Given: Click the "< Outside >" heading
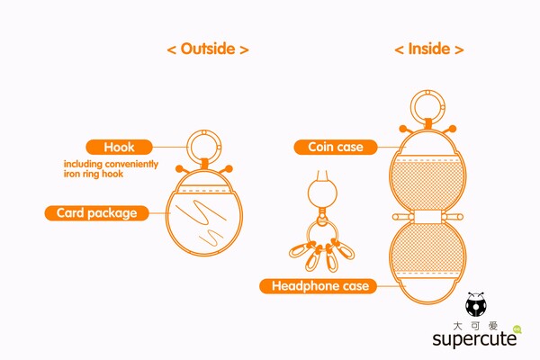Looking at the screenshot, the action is coord(208,49).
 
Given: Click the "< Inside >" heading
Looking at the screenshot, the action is coord(429,49).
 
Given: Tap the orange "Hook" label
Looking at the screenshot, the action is coord(120,146).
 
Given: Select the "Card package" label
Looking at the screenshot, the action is coord(95,213).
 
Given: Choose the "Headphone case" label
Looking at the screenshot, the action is coord(315,286).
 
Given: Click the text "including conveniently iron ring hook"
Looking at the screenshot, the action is coord(111,168).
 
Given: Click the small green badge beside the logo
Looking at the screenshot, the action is coord(517,328).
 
